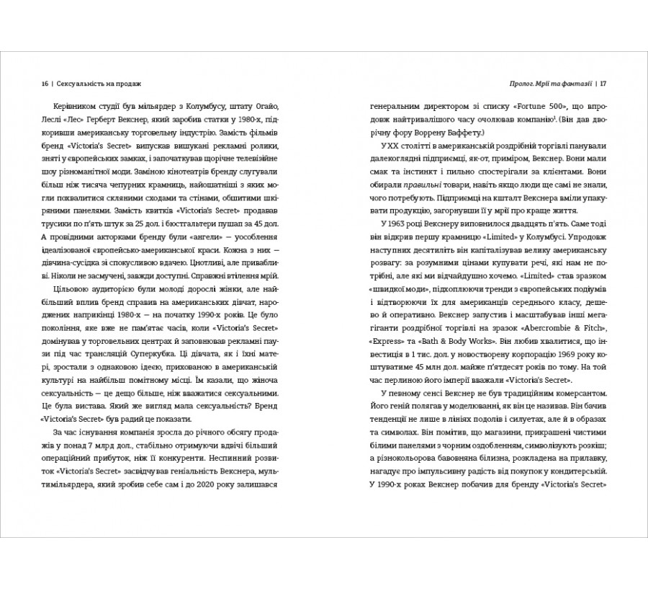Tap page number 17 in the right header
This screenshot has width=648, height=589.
pyautogui.click(x=603, y=83)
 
